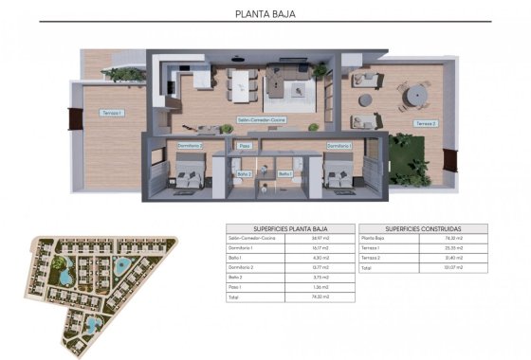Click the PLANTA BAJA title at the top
[x=265, y=14]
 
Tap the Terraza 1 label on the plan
[x=112, y=114]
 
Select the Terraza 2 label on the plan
[x=426, y=124]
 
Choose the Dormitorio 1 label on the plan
[x=339, y=146]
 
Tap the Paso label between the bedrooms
[x=245, y=146]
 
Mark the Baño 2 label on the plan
[x=244, y=173]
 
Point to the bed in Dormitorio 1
[x=338, y=176]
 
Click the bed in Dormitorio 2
[x=185, y=176]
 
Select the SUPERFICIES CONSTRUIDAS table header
[x=423, y=228]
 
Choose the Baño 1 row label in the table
[x=235, y=258]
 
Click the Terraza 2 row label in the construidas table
[x=375, y=258]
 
